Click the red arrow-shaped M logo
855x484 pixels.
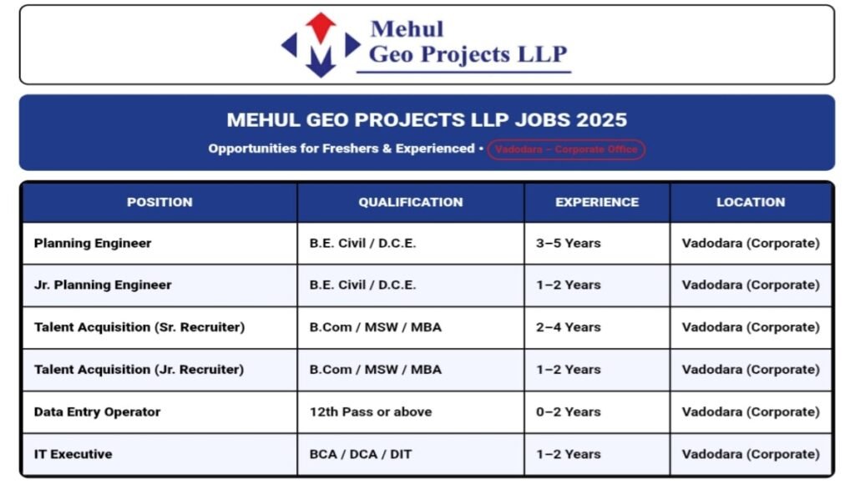(321, 44)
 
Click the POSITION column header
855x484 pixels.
(159, 202)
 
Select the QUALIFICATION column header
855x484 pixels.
(411, 202)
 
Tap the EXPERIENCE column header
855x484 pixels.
(597, 202)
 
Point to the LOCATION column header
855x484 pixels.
(751, 202)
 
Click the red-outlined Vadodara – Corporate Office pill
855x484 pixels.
(566, 149)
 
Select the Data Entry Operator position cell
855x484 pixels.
(97, 412)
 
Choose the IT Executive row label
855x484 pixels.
(73, 455)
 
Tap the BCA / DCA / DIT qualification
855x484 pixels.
(361, 455)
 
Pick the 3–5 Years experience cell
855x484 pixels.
(569, 244)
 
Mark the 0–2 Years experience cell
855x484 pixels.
(569, 412)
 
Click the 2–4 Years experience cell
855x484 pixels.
(569, 328)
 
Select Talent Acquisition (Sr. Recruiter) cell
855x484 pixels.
(139, 328)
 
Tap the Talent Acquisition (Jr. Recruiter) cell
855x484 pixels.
(139, 370)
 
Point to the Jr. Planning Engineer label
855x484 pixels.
(103, 285)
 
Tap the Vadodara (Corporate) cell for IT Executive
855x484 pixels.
(751, 455)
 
